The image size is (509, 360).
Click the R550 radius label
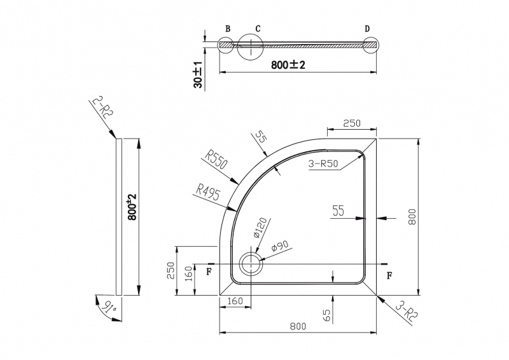(216, 160)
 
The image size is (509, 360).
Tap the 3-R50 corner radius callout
(323, 163)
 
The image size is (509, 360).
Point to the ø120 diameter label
(260, 228)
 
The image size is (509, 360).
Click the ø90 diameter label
(280, 246)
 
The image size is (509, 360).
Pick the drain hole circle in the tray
(251, 264)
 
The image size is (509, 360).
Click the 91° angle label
(108, 307)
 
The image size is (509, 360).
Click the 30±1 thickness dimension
(198, 74)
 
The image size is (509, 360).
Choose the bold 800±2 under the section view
(288, 65)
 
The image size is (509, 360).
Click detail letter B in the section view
(228, 29)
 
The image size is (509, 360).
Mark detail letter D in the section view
(367, 29)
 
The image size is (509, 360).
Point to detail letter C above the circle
(258, 29)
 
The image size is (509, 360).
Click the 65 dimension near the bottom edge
(327, 315)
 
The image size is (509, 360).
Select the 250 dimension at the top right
(352, 123)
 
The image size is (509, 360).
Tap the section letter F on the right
(389, 276)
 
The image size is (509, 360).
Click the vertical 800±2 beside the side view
(132, 207)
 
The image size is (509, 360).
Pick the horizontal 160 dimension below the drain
(234, 301)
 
